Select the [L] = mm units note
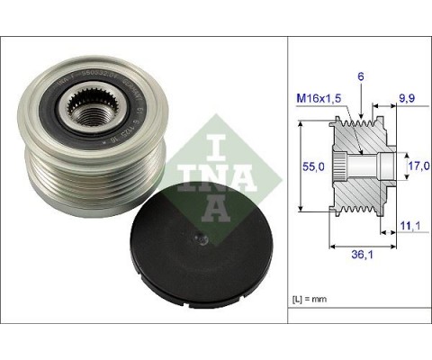[310, 297]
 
